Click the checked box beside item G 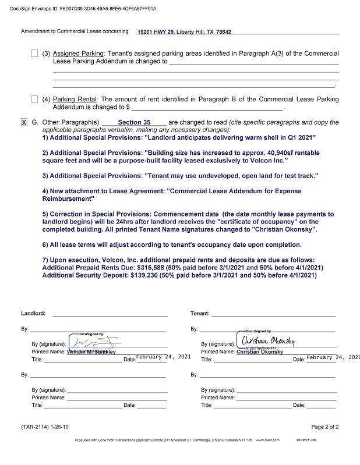24,123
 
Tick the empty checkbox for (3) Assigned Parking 35,54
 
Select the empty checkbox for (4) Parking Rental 35,100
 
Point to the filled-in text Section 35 134,123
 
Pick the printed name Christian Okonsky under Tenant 260,352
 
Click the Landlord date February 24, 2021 163,357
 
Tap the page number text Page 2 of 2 325,427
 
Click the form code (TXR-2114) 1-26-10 45,427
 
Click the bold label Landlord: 33,314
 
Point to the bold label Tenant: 200,314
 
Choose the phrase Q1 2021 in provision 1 300,138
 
